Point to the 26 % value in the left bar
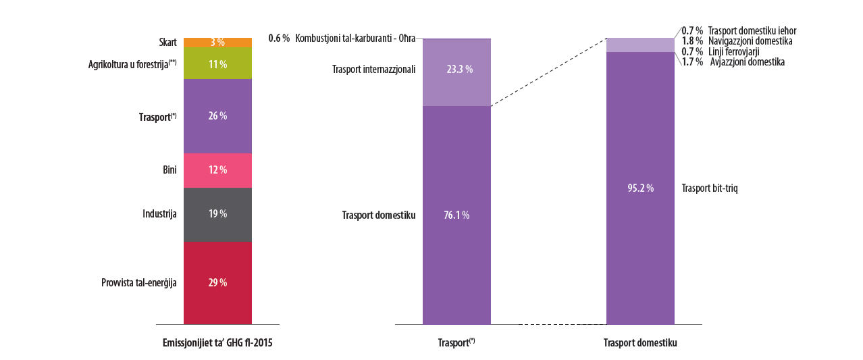(x=217, y=116)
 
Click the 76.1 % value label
(x=456, y=215)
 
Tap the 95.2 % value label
(x=640, y=188)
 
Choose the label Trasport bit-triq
(x=710, y=188)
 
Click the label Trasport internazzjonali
(x=373, y=69)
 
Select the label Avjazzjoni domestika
(x=748, y=62)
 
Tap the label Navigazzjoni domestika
(x=750, y=41)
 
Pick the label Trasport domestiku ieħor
(x=752, y=31)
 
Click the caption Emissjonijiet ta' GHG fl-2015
(x=217, y=343)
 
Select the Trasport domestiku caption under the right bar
(x=640, y=343)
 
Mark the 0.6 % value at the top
(x=278, y=38)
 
